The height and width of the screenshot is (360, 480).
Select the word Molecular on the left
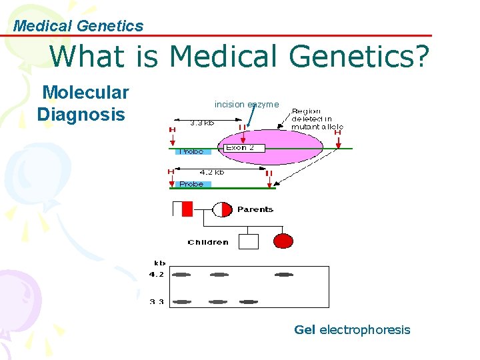[85, 92]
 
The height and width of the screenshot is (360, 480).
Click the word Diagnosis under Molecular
[81, 114]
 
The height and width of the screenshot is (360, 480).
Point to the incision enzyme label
[247, 104]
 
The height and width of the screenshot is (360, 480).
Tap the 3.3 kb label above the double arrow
[202, 123]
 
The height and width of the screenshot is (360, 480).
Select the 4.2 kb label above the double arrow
[211, 172]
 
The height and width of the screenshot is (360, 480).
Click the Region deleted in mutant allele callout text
[317, 119]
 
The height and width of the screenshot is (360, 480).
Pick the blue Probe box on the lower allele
[192, 184]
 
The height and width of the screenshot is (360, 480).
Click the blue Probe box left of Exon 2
[192, 151]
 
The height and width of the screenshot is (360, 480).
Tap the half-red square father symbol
[182, 209]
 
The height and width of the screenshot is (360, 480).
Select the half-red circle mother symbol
[221, 209]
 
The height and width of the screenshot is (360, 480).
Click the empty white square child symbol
[248, 241]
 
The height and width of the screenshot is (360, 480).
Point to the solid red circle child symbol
[283, 241]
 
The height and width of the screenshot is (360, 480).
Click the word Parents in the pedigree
[255, 209]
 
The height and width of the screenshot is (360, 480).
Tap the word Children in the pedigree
[208, 242]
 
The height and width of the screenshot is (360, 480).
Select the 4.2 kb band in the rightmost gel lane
[283, 274]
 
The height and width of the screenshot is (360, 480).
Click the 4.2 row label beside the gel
[157, 274]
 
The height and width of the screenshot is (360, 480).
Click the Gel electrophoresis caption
[352, 329]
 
